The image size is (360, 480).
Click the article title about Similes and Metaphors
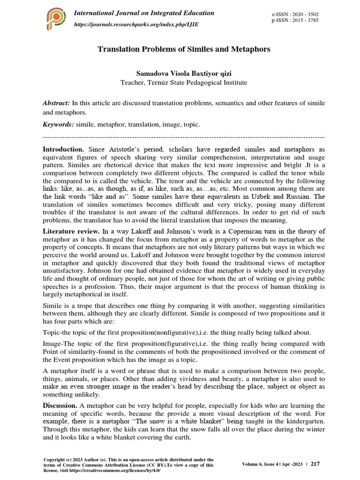click(184, 49)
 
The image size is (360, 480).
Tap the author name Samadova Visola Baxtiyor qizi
click(184, 74)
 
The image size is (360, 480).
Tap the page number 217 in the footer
click(315, 464)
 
